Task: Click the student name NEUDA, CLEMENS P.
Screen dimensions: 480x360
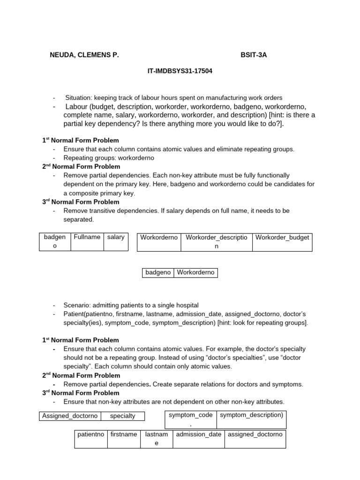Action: click(84, 55)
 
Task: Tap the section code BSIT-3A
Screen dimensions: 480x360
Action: click(254, 55)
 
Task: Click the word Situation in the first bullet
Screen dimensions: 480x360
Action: click(78, 98)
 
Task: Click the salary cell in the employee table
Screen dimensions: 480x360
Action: click(116, 237)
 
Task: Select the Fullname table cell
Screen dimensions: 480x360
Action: click(87, 237)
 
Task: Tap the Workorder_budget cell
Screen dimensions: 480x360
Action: click(282, 237)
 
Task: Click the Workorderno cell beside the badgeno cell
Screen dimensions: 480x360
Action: click(195, 272)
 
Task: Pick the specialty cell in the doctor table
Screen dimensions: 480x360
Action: click(123, 416)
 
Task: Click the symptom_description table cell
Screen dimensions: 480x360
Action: click(251, 415)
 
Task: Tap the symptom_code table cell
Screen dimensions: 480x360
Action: click(191, 415)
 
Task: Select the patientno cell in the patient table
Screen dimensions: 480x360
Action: click(91, 435)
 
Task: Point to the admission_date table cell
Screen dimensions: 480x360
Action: click(198, 435)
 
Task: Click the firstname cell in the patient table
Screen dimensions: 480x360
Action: click(124, 435)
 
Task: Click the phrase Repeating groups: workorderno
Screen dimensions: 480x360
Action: click(109, 158)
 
